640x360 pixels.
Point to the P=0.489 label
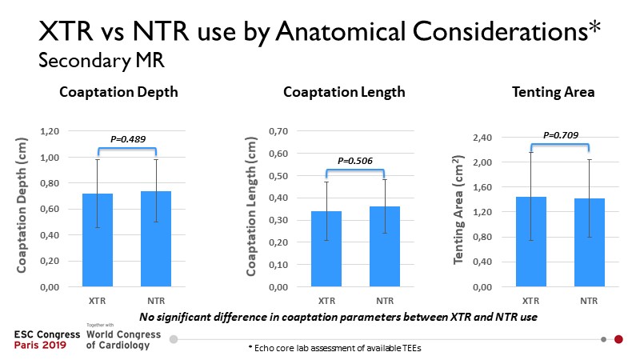tap(127, 138)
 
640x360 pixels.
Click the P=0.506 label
tap(355, 160)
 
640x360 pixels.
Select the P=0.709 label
tap(560, 134)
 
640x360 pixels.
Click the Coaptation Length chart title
tap(344, 92)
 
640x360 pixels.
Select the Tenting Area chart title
tap(553, 92)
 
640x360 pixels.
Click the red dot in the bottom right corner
tap(618, 339)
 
